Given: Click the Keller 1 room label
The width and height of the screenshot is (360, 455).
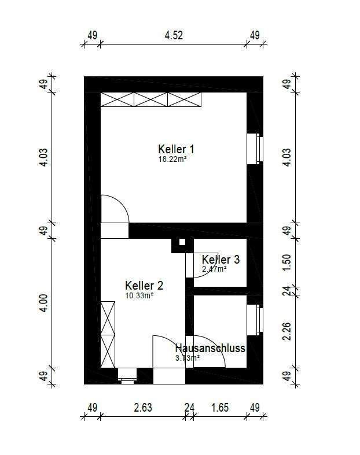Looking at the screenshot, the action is tap(176, 149).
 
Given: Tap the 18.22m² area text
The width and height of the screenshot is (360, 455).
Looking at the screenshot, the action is tap(172, 159).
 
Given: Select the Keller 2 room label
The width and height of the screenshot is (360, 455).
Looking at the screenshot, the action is tap(144, 286).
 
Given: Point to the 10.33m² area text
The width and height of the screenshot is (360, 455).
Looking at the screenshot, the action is tap(139, 295).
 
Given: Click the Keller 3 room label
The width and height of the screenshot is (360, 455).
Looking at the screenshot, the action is tap(221, 260).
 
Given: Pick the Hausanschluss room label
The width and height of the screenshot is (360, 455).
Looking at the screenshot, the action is tap(210, 348).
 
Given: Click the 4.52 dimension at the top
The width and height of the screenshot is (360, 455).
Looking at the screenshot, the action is tap(174, 35).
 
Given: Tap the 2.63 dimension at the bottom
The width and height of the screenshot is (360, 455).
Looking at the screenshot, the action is tap(143, 408).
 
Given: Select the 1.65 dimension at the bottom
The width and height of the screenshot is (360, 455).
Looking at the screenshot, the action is tap(220, 408).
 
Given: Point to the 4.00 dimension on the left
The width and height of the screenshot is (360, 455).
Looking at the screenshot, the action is tap(43, 303).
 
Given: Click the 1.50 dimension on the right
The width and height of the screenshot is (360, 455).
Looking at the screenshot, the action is tap(286, 262).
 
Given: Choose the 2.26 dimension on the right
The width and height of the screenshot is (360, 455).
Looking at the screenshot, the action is tap(286, 331).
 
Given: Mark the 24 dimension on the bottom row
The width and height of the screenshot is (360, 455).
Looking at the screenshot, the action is tap(189, 408).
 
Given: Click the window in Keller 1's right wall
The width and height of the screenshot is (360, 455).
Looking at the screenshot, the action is tap(255, 149).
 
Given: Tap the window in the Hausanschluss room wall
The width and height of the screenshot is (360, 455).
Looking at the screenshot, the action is tap(255, 320).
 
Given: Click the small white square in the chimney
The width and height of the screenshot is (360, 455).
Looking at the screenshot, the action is tap(182, 242).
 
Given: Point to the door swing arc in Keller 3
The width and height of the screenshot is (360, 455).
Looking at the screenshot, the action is tap(210, 270).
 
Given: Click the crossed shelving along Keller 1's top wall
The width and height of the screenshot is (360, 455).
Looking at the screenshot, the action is tap(151, 99).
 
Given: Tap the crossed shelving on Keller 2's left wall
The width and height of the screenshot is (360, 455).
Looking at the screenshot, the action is tap(108, 335).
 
